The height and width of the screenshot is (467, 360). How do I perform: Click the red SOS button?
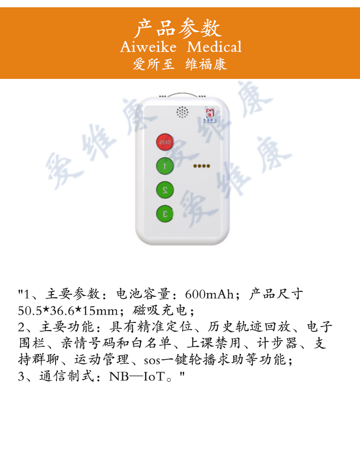pos(165,142)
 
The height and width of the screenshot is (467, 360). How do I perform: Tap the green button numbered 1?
pos(165,166)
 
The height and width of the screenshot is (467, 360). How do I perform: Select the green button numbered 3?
pos(165,213)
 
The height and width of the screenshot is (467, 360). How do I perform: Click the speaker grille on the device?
pos(182,112)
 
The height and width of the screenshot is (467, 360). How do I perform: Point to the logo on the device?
pos(211,116)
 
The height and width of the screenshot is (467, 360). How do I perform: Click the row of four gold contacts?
pos(202,166)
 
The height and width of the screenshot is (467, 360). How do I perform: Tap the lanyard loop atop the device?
pos(183,95)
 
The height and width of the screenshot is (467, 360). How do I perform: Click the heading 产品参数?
pos(179,28)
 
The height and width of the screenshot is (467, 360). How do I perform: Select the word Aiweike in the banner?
pos(148,47)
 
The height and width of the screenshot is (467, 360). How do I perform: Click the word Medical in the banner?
pos(215,47)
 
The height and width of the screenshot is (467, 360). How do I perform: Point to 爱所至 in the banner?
pos(154,64)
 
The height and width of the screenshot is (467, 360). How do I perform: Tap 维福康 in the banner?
pos(206,64)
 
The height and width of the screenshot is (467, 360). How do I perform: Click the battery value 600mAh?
pos(210,294)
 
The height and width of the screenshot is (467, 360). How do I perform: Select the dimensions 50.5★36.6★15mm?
pos(68,311)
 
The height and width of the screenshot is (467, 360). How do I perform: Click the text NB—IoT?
pos(137,376)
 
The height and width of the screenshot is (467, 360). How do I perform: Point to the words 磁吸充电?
pos(160,310)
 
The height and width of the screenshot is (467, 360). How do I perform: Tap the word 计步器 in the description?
pos(277,343)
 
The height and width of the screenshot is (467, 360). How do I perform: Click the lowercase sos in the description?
pos(152,361)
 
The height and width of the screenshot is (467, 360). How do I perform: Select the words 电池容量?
pos(143,294)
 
